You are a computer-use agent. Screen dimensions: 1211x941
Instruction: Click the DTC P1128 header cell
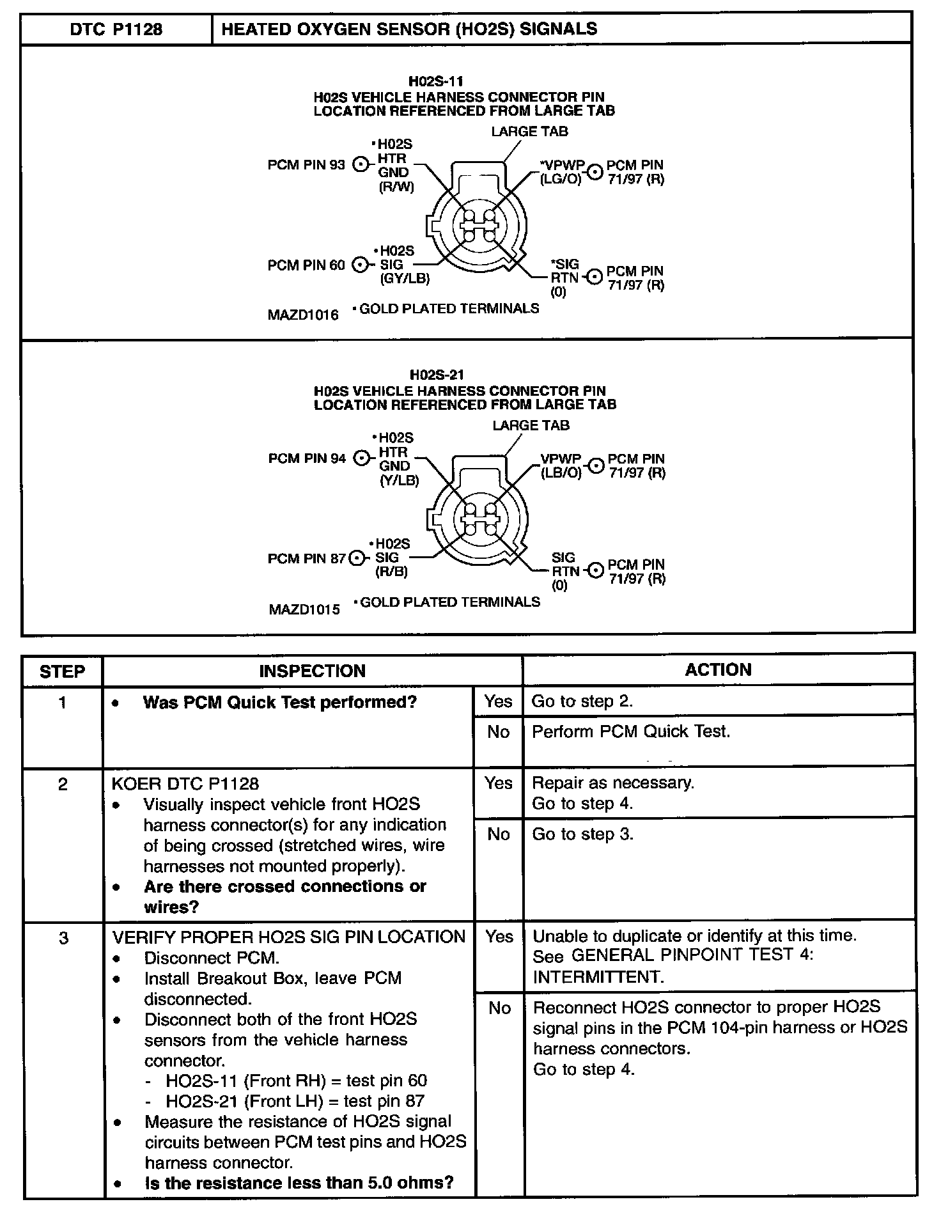(116, 29)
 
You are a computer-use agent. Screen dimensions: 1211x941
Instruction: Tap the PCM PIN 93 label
(306, 165)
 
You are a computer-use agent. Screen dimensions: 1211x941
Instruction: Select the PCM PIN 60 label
(306, 265)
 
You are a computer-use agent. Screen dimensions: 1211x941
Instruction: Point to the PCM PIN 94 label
(307, 458)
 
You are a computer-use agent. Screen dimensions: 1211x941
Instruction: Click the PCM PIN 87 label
(306, 559)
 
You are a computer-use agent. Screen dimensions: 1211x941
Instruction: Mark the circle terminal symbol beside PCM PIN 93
(361, 165)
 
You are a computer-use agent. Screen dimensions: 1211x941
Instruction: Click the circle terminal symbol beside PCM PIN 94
(362, 458)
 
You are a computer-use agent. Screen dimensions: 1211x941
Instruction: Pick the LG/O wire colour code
(561, 180)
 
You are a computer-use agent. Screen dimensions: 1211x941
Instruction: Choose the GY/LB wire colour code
(405, 279)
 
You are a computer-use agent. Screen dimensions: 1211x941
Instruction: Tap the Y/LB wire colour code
(399, 480)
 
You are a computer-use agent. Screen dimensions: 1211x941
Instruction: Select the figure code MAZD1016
(303, 315)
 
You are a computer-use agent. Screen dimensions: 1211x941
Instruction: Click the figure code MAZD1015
(304, 609)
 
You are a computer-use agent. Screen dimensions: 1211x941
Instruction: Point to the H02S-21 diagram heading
(437, 375)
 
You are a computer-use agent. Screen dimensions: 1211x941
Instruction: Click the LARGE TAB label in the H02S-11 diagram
(529, 132)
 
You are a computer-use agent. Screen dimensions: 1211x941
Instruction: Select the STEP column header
(62, 671)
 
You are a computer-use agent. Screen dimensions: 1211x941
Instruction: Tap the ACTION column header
(718, 670)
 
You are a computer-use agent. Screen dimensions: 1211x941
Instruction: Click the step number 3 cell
(63, 939)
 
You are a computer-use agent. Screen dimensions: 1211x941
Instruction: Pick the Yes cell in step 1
(498, 701)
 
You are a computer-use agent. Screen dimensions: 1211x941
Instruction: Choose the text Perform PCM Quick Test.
(630, 731)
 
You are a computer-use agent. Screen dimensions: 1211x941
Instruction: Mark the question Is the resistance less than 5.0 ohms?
(299, 1183)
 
